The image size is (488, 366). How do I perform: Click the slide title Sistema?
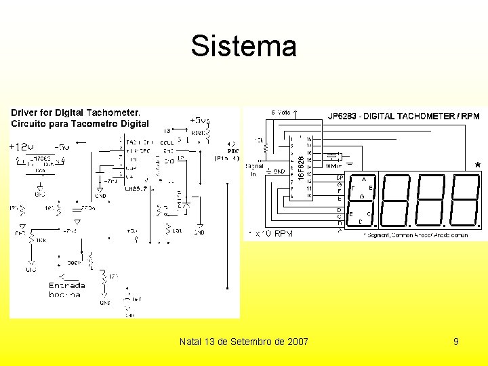[x=243, y=46]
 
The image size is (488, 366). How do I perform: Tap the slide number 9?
[x=456, y=342]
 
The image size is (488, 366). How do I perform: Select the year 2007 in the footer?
[x=297, y=342]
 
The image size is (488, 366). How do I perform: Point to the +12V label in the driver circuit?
[x=20, y=146]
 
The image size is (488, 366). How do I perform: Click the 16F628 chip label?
[x=301, y=163]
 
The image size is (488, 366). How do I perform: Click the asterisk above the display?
[x=478, y=165]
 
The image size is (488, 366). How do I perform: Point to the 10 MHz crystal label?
[x=333, y=165]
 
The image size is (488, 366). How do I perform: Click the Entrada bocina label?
[x=66, y=290]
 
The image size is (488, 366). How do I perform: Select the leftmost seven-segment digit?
[x=363, y=201]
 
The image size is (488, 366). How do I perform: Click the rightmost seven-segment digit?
[x=465, y=201]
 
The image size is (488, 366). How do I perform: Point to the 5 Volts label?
[x=281, y=113]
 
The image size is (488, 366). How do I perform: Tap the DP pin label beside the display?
[x=340, y=178]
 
